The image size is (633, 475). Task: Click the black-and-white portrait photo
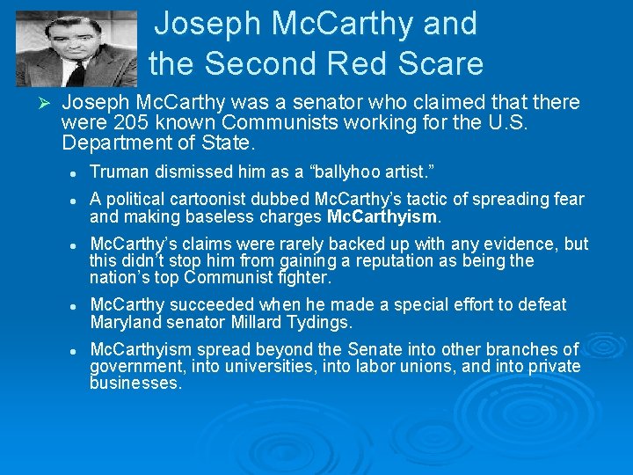point(77,48)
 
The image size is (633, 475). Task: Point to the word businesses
point(135,384)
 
